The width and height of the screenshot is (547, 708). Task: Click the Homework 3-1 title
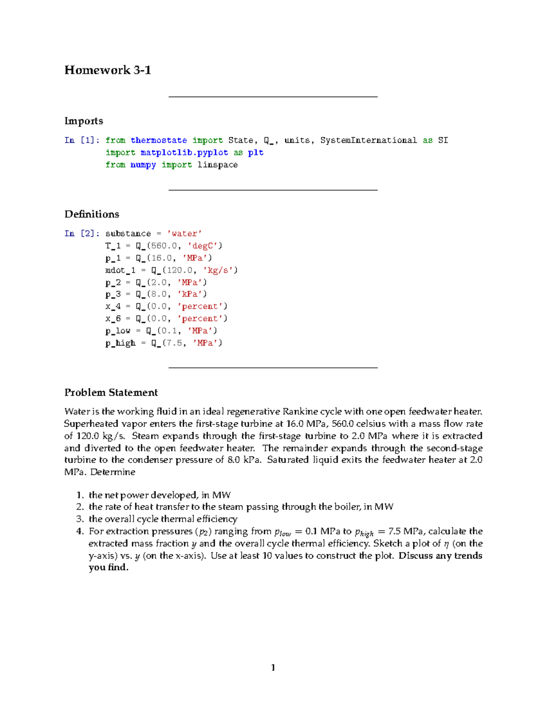pyautogui.click(x=108, y=70)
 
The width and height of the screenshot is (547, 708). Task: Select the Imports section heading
pyautogui.click(x=83, y=121)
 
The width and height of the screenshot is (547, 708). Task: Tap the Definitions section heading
pyautogui.click(x=92, y=214)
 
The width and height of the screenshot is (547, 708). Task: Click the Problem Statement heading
pyautogui.click(x=111, y=393)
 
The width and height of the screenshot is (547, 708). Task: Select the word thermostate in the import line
pyautogui.click(x=159, y=140)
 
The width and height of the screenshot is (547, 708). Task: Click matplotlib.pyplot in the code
pyautogui.click(x=184, y=153)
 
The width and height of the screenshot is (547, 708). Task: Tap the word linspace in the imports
pyautogui.click(x=217, y=165)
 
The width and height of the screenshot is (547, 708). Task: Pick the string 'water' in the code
pyautogui.click(x=184, y=233)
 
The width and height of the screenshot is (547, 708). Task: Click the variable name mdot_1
pyautogui.click(x=120, y=270)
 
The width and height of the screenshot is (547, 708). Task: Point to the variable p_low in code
pyautogui.click(x=118, y=331)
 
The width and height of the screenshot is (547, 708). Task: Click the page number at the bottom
pyautogui.click(x=273, y=668)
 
